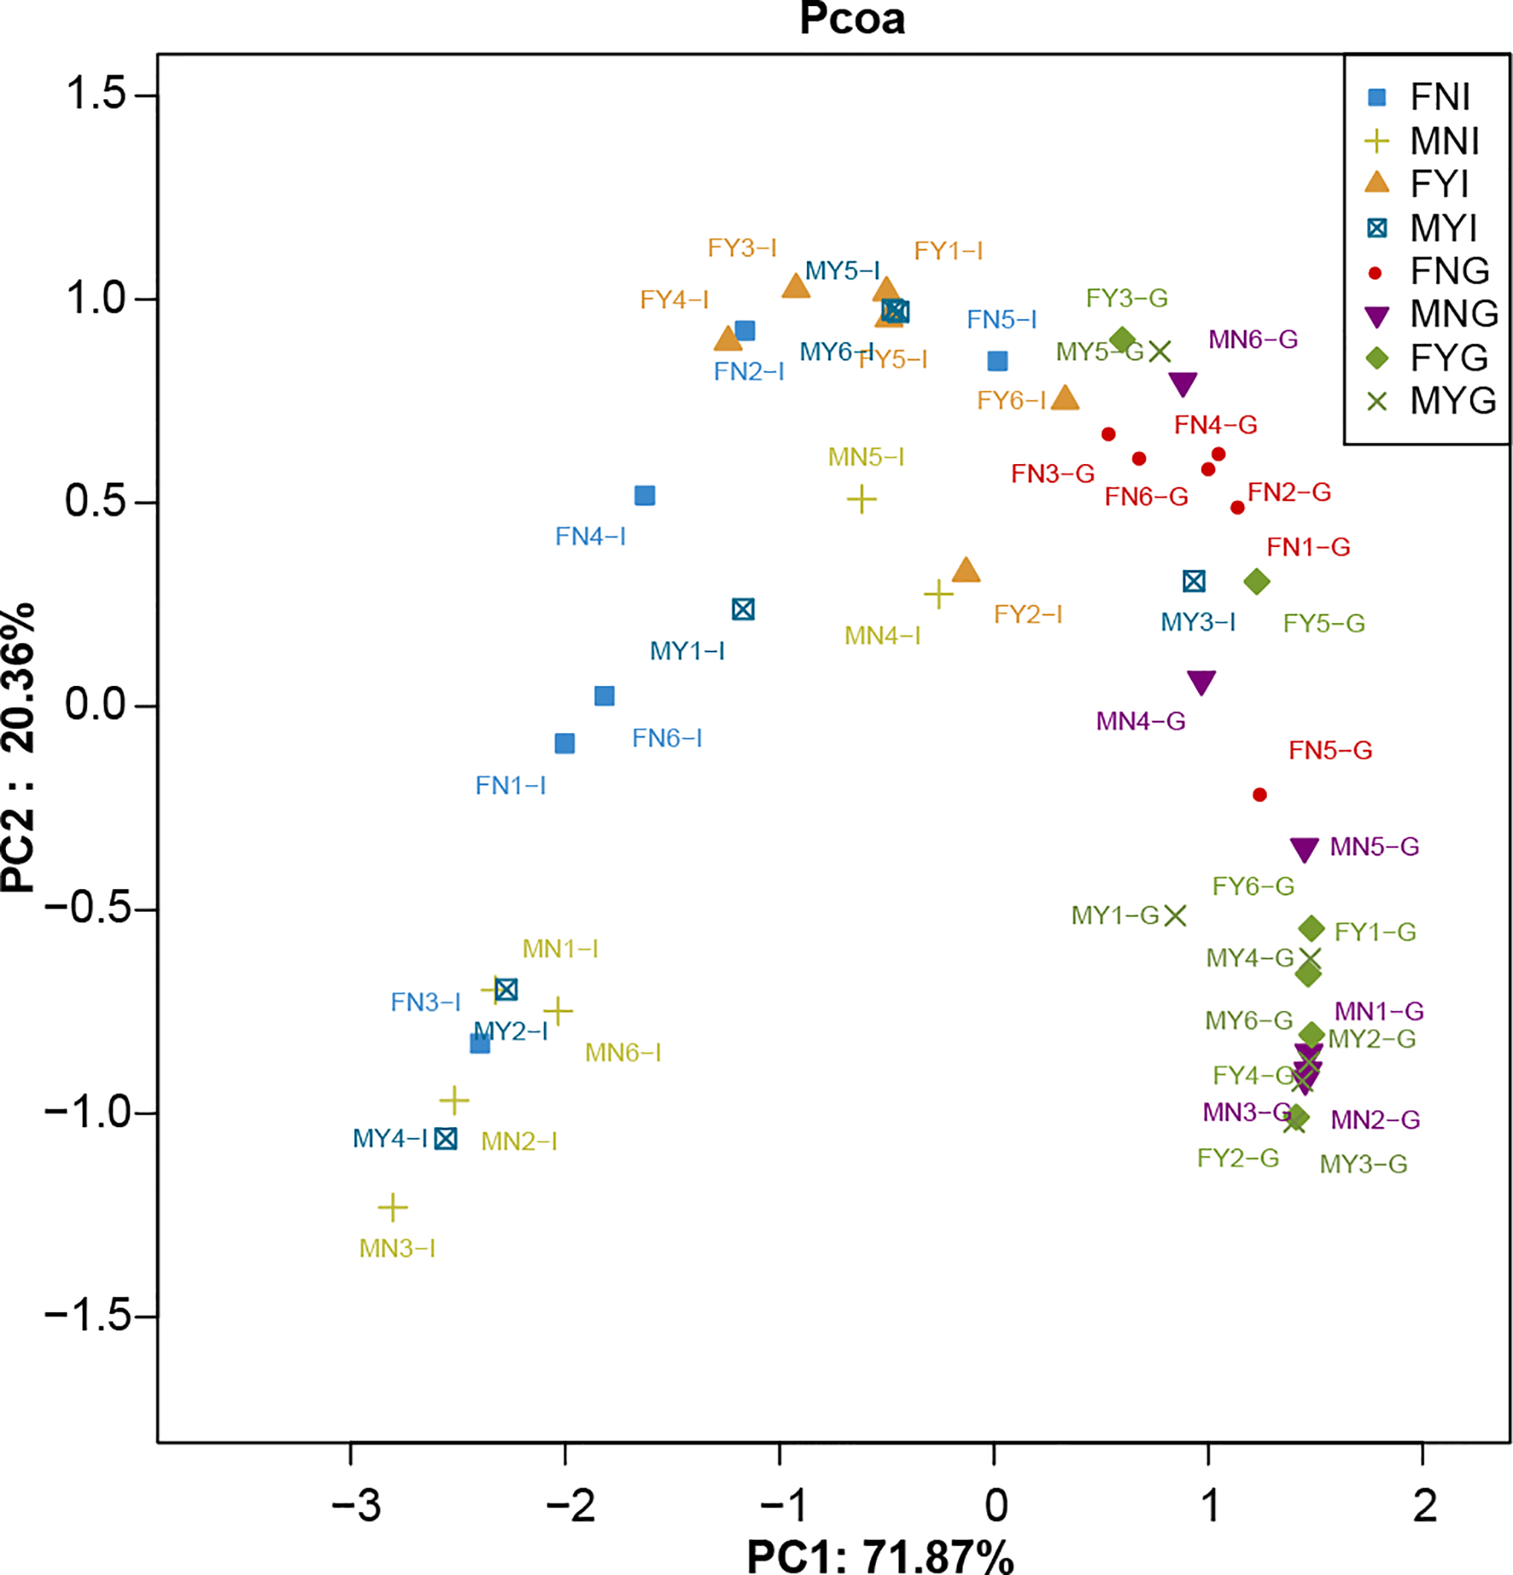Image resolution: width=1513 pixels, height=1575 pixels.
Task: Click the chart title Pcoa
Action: [851, 19]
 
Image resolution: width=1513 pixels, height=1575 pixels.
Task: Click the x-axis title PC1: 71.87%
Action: [880, 1556]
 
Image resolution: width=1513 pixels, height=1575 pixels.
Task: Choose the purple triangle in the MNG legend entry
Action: [1377, 316]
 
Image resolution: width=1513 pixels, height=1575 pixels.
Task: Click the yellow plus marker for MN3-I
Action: [393, 1207]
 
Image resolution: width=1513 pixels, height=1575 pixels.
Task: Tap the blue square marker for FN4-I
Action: [645, 496]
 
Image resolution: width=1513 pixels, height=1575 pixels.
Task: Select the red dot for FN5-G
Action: [1259, 794]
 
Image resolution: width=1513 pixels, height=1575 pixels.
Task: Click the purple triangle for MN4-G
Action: [1201, 682]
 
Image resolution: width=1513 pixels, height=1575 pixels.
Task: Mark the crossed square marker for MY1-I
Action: [743, 610]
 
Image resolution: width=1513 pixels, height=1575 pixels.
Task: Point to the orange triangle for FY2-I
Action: [966, 572]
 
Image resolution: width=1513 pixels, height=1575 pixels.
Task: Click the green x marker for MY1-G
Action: [1176, 915]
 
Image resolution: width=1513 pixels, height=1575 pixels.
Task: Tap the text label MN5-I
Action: [866, 457]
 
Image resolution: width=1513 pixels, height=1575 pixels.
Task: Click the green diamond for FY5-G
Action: [1256, 582]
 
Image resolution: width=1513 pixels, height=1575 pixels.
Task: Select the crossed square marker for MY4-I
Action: [446, 1139]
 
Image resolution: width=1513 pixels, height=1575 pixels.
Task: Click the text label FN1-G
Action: [1308, 547]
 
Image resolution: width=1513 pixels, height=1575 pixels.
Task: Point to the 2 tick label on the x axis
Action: [1424, 1505]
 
